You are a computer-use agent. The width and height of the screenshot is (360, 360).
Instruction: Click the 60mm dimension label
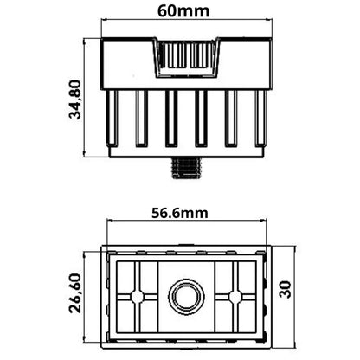click(183, 11)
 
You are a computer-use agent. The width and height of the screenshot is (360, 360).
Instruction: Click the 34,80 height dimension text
click(76, 100)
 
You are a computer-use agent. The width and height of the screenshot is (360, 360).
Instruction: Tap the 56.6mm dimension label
click(180, 213)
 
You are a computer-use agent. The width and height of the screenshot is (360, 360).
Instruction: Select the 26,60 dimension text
click(75, 293)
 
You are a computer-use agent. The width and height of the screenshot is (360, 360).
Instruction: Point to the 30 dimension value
click(286, 290)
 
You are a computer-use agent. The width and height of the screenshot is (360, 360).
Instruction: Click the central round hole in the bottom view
click(187, 297)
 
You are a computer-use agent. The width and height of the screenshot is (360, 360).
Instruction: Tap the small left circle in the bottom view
click(138, 297)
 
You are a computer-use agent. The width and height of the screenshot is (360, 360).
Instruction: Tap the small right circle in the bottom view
click(235, 297)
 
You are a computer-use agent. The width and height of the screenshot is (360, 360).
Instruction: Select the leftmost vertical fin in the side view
click(112, 119)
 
